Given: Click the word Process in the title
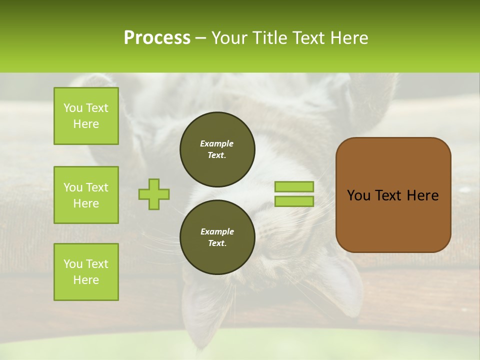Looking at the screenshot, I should point(157,38).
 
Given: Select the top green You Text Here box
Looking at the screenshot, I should point(86,116).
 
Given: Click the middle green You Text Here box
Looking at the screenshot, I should point(86,195).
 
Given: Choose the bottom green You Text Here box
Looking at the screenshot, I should point(86,272).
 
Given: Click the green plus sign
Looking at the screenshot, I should point(154,194).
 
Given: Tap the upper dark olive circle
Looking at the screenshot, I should point(217,149).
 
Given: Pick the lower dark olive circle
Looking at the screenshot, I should point(217,237).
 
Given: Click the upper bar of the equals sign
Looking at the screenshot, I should point(294,186).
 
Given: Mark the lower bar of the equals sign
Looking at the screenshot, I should point(294,201).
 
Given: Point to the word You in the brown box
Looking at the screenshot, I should point(358,195).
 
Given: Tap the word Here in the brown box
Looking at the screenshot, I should point(422,195).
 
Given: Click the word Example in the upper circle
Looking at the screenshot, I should point(217,143).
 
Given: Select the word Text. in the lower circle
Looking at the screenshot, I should point(217,243).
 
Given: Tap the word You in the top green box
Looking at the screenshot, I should point(73,108).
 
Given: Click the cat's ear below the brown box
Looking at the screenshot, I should point(340,285).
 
